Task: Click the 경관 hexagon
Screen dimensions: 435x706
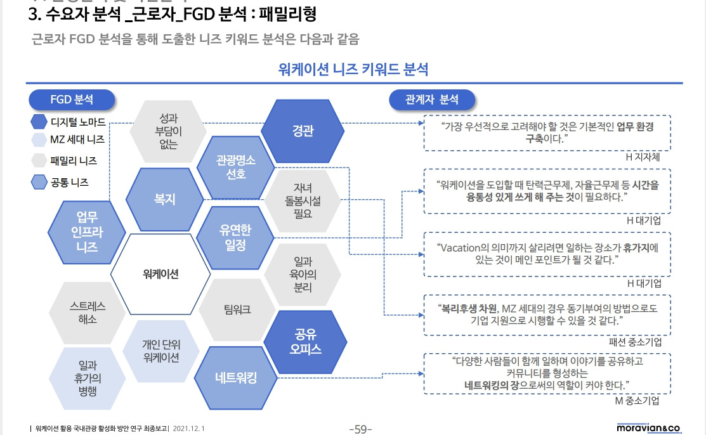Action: (303, 131)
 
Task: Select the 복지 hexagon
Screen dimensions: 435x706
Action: (164, 199)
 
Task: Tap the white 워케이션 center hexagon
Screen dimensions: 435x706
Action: (160, 274)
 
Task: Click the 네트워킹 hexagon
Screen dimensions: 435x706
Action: (235, 378)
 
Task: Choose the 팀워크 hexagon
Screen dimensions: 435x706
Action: (237, 309)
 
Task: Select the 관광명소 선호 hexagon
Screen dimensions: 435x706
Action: (235, 166)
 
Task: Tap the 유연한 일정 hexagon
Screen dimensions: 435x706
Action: (235, 237)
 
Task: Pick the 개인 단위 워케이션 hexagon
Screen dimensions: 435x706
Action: (161, 350)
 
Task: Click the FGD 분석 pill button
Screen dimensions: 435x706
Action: (72, 100)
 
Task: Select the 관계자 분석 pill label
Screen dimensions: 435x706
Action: (431, 100)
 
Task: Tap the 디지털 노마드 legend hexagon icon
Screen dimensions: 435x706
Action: (39, 121)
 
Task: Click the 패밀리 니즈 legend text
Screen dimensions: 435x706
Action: (74, 161)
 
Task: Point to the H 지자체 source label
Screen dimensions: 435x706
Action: (642, 157)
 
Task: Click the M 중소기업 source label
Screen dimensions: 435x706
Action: (637, 400)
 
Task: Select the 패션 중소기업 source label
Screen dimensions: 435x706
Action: (635, 342)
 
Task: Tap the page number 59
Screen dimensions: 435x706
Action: (360, 429)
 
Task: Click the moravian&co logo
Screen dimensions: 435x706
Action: (648, 428)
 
